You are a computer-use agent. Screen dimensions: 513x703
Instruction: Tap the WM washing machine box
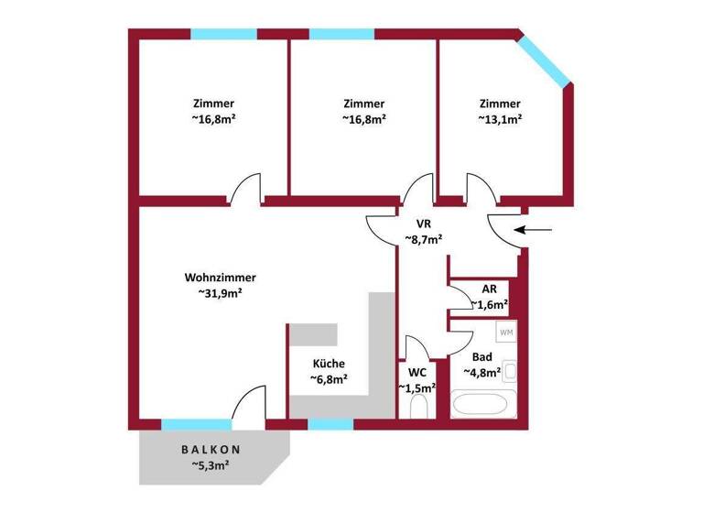(x=506, y=332)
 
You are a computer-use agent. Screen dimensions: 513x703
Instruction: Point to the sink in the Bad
(x=511, y=374)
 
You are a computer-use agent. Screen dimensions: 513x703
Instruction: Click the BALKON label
(x=211, y=450)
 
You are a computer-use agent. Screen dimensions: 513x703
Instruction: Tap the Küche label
(x=328, y=363)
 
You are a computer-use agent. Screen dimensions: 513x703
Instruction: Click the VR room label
(x=424, y=223)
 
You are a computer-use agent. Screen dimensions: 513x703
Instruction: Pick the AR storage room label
(x=489, y=289)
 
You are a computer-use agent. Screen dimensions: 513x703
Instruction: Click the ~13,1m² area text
(x=500, y=119)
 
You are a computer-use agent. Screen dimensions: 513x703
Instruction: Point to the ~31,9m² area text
(x=220, y=294)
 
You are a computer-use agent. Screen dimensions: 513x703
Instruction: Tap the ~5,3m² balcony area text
(x=211, y=466)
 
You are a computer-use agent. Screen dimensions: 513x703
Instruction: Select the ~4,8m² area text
(x=485, y=373)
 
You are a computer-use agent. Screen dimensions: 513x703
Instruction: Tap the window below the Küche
(x=330, y=424)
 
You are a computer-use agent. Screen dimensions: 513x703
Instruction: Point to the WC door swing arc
(x=415, y=350)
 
